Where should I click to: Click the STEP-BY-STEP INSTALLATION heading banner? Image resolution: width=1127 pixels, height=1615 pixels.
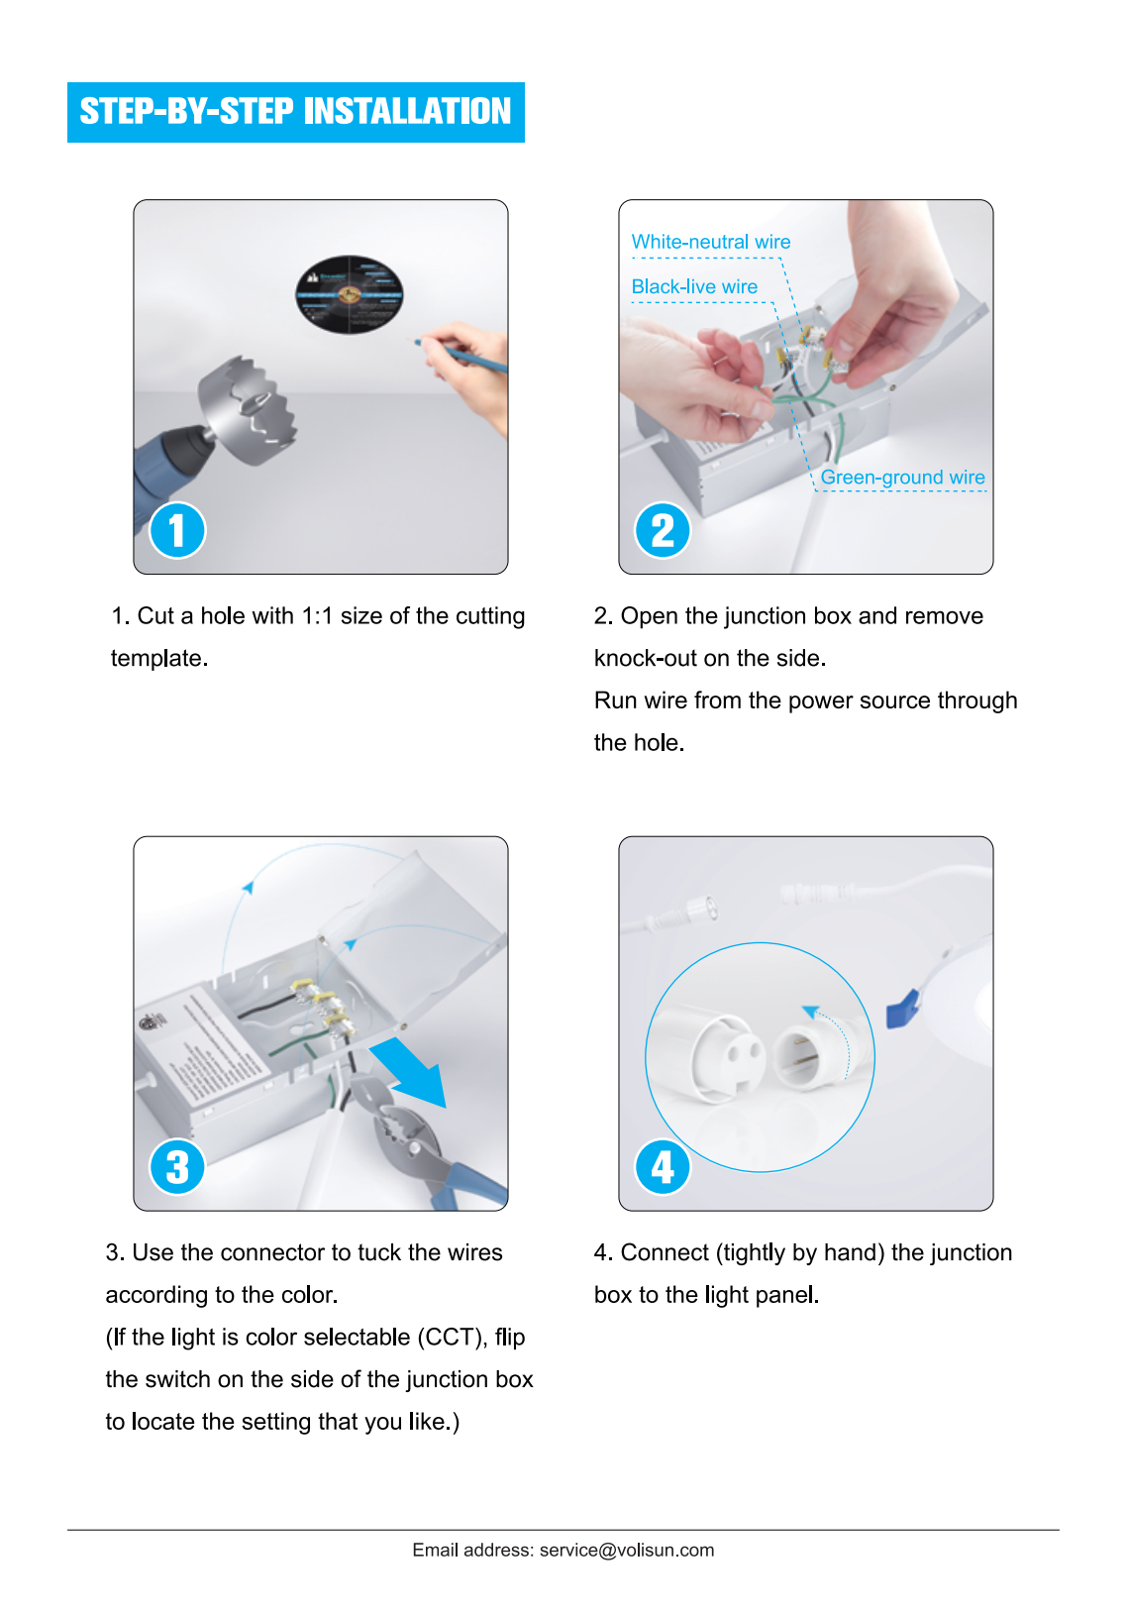(295, 112)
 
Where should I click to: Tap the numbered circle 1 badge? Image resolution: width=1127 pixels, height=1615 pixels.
(177, 530)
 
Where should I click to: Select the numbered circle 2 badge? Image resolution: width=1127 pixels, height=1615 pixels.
(663, 530)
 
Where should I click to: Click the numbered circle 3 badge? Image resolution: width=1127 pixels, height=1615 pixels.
(177, 1166)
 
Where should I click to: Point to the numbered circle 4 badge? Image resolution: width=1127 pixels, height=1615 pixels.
(663, 1166)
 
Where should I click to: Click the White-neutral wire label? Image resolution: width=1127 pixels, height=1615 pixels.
(710, 242)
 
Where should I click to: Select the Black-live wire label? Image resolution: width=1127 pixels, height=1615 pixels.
(694, 286)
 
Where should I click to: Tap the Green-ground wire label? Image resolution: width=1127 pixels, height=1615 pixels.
(902, 478)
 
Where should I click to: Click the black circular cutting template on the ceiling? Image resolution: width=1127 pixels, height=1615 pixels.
(349, 294)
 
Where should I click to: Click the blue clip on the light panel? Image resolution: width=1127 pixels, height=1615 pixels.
(902, 1011)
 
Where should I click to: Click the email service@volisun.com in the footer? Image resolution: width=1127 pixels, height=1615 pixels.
(626, 1551)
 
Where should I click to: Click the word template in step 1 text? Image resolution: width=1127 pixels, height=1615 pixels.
(158, 659)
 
